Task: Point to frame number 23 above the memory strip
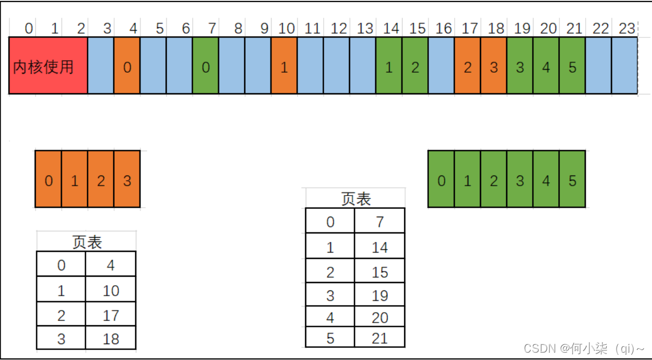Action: click(627, 28)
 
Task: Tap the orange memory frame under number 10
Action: click(284, 66)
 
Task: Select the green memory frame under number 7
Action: click(205, 66)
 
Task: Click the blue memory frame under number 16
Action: click(442, 66)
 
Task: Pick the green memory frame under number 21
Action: click(573, 66)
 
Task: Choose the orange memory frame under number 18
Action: click(494, 66)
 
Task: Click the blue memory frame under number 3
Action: click(101, 66)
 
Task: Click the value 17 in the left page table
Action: click(111, 315)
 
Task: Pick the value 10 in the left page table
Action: click(111, 290)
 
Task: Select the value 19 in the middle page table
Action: click(380, 296)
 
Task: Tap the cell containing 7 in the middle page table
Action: click(380, 221)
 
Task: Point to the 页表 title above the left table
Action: click(87, 242)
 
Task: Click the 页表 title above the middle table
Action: click(356, 199)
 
